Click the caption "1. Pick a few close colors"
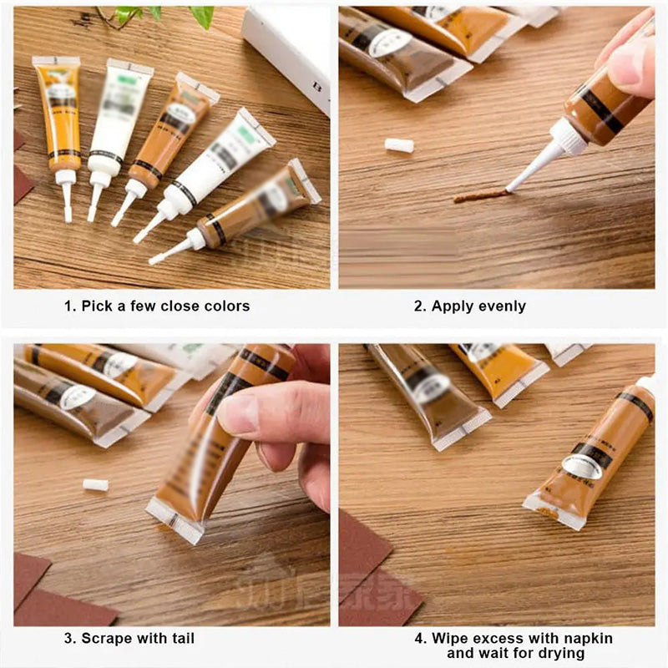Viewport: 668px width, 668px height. click(x=157, y=306)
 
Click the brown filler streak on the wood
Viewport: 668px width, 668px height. click(x=480, y=195)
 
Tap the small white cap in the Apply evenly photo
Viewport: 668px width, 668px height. click(x=399, y=145)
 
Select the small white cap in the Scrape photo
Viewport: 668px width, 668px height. click(x=95, y=485)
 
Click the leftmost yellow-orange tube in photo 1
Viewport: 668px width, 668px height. click(x=58, y=113)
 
